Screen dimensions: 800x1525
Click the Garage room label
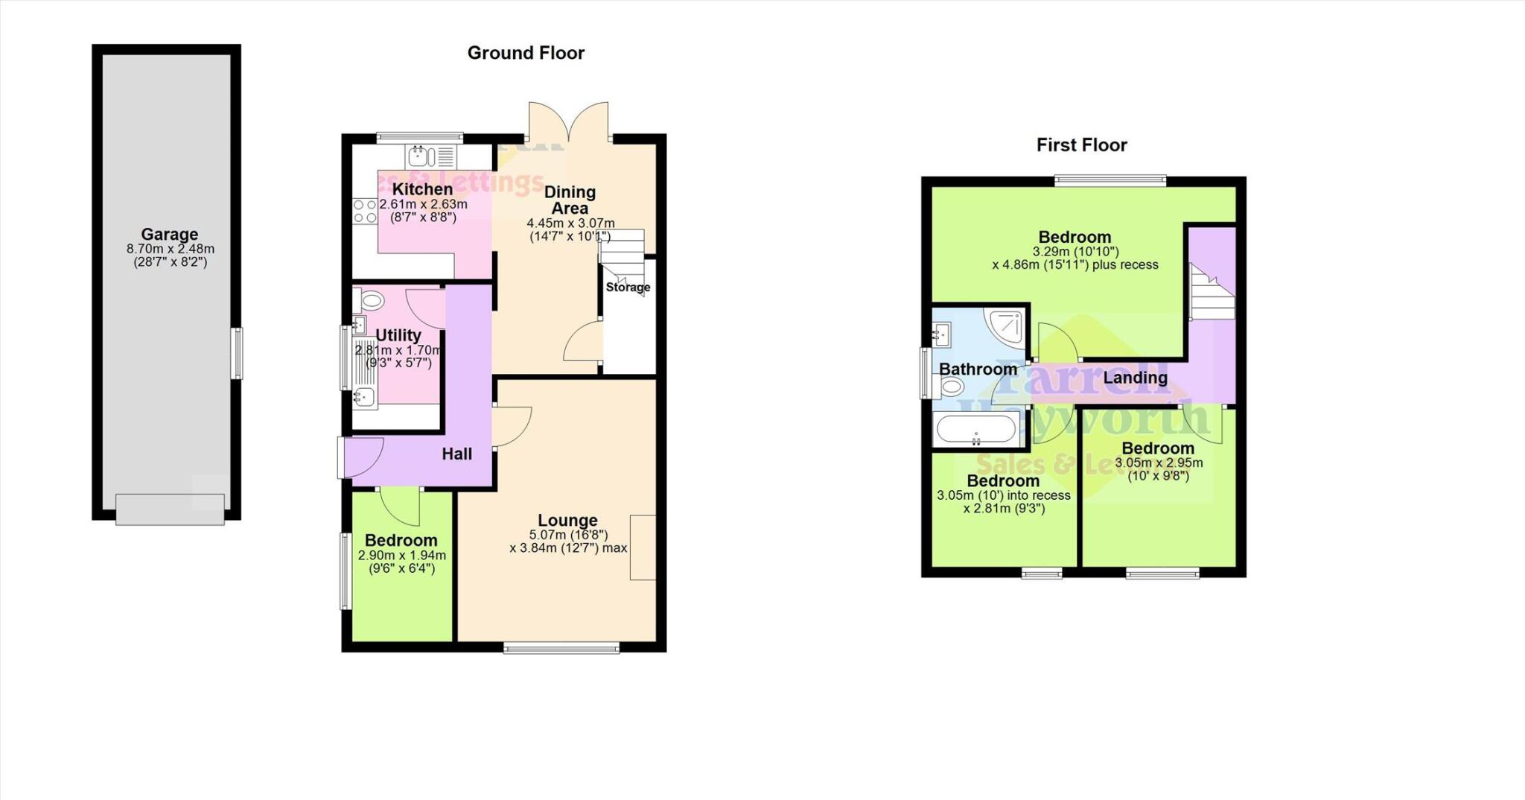point(169,234)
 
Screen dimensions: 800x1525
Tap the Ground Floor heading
point(526,53)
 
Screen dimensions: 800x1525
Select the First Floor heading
point(1081,145)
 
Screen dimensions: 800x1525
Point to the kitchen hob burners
point(365,211)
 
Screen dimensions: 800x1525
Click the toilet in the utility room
point(370,301)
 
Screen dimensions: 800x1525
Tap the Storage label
point(628,287)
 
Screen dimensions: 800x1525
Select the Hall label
point(456,454)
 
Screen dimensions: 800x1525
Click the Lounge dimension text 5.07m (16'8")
point(568,535)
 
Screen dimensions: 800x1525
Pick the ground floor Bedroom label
point(401,540)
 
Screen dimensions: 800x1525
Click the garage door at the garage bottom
point(170,509)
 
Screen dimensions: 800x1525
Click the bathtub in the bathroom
point(976,430)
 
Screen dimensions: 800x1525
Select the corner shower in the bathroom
point(1005,326)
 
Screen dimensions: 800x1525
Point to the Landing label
point(1135,378)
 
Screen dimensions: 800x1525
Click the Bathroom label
point(978,369)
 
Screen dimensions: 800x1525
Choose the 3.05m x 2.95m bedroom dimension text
point(1159,463)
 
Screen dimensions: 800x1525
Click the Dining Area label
point(570,200)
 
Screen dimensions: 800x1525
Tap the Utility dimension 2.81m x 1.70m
point(398,350)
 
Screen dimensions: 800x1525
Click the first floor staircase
point(1211,291)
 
